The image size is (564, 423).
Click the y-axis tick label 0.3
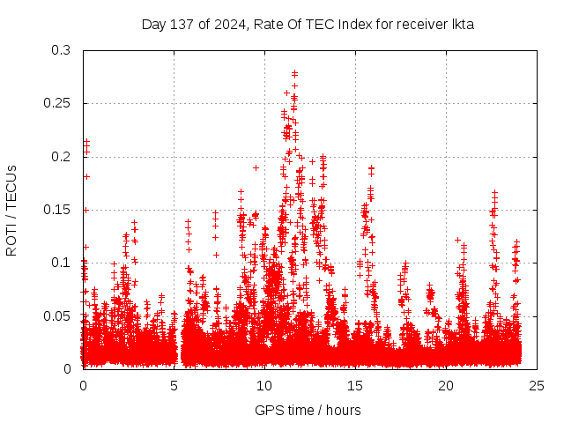(x=61, y=51)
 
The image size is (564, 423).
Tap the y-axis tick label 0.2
(x=61, y=157)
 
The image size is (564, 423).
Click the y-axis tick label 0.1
(x=61, y=263)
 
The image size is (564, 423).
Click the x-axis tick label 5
(x=174, y=385)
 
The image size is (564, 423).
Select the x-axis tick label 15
(x=355, y=385)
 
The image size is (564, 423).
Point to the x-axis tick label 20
(x=446, y=385)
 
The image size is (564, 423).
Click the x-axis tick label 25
(x=537, y=385)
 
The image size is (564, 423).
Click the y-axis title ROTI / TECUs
(x=11, y=210)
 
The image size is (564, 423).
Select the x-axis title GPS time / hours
(x=308, y=410)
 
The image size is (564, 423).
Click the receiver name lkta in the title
(x=463, y=25)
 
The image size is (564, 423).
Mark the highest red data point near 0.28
(x=295, y=73)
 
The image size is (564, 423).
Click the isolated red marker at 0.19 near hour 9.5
(x=256, y=167)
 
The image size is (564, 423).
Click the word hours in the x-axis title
(x=342, y=410)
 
